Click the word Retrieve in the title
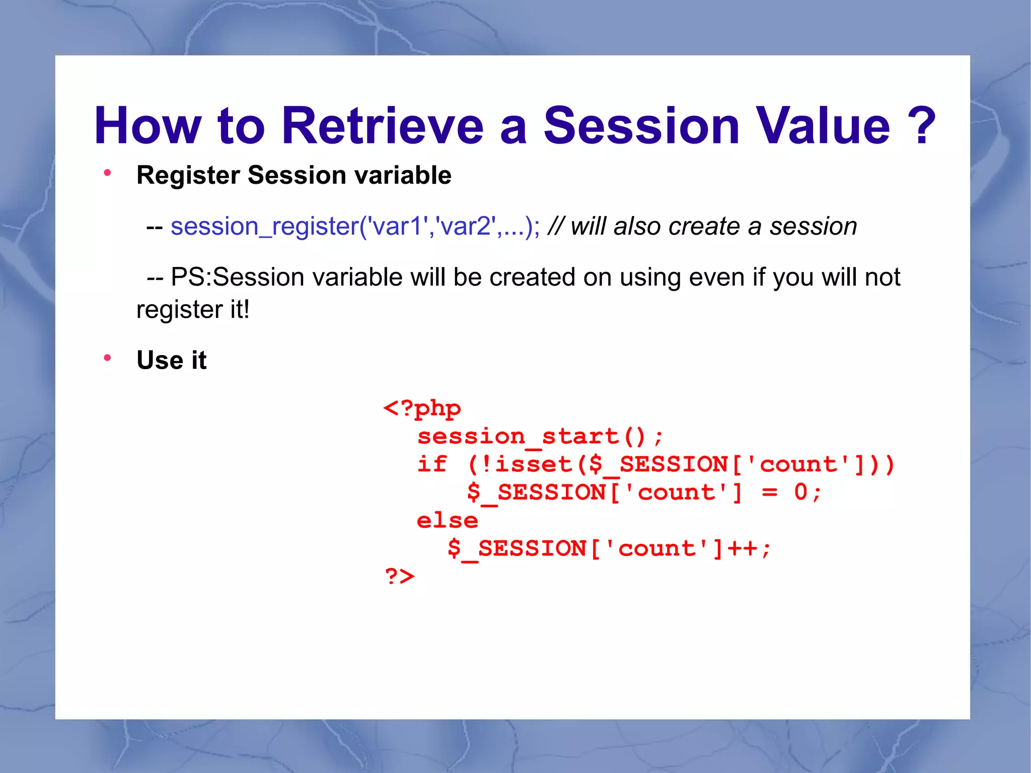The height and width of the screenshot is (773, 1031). [382, 126]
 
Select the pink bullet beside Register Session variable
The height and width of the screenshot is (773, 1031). [107, 173]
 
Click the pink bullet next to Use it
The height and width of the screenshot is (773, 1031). [107, 358]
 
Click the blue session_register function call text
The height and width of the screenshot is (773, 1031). [355, 226]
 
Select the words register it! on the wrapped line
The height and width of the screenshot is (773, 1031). [193, 309]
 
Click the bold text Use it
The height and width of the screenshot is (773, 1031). [171, 360]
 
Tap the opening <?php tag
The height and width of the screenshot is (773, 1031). [422, 408]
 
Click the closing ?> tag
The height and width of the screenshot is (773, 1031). [400, 576]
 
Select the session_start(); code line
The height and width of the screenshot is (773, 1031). [540, 437]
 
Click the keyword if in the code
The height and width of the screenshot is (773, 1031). [432, 464]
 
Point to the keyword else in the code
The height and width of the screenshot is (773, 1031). [447, 520]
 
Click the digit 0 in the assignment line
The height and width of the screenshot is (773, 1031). [800, 492]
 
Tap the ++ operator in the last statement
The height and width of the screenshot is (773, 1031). [742, 548]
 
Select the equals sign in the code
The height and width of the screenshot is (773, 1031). [769, 492]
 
